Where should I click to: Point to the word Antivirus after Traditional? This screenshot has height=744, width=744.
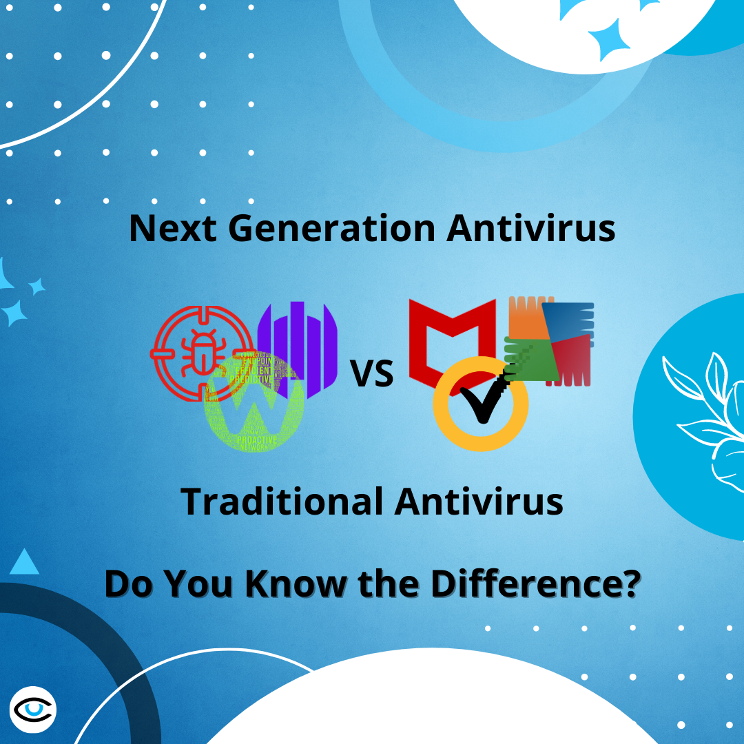(479, 502)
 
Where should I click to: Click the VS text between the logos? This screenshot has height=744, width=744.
(372, 375)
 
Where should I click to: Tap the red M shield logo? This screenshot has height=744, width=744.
(451, 341)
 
